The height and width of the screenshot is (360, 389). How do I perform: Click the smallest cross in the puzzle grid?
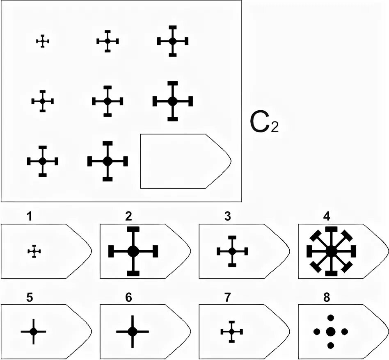(43, 41)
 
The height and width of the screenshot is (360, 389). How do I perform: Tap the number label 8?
(326, 298)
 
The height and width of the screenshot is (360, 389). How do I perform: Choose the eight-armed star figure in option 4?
(331, 251)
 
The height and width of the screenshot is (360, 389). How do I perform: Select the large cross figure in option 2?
(133, 251)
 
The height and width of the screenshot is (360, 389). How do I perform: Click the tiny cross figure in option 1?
(34, 251)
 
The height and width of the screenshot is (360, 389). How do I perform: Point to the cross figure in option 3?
(232, 251)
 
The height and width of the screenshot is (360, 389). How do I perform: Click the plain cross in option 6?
(132, 331)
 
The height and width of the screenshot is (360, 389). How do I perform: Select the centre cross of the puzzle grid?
(108, 101)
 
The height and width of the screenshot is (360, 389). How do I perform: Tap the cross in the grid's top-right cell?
(173, 41)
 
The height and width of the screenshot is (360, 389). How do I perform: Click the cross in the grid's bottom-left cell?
(43, 161)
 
